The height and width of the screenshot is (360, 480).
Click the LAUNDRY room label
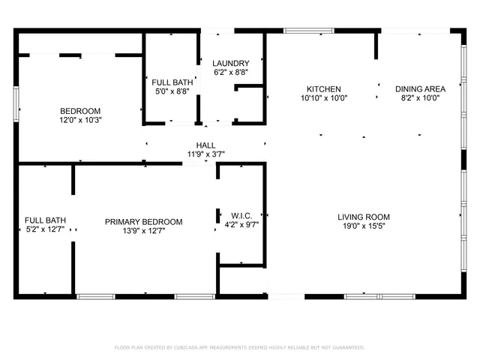230,63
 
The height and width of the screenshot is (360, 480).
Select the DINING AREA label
419,88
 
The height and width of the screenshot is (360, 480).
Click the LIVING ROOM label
363,217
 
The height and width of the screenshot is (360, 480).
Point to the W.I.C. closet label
241,214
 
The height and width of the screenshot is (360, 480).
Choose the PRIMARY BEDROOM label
143,222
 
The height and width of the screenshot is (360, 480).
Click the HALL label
205,145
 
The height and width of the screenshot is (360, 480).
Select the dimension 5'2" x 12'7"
45,230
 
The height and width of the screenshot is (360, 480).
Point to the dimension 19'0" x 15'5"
363,226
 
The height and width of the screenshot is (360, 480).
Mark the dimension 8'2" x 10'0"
419,97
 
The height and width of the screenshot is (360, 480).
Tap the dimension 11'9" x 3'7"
205,154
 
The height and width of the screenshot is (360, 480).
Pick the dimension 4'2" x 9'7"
241,223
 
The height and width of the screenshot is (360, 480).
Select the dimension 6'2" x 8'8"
230,72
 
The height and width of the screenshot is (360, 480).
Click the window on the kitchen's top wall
308,31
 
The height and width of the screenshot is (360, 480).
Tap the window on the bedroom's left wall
16,103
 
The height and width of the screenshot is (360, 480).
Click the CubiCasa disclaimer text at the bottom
239,347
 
